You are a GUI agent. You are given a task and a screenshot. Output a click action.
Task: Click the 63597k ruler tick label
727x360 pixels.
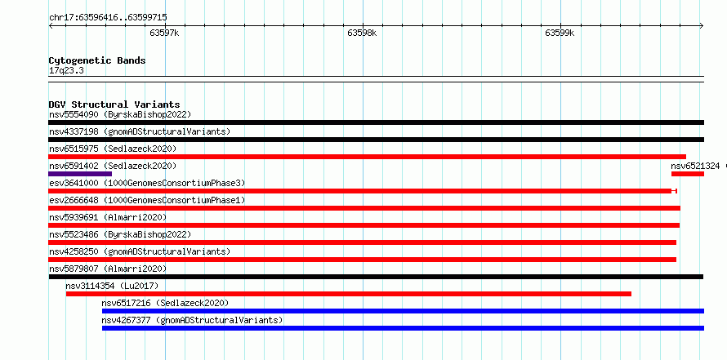pyautogui.click(x=164, y=33)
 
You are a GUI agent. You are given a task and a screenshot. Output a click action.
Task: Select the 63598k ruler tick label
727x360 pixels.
pyautogui.click(x=362, y=33)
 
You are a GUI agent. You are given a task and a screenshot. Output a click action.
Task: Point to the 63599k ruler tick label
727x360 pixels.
pyautogui.click(x=560, y=33)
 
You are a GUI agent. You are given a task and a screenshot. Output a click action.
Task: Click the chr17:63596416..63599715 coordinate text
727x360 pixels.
pyautogui.click(x=108, y=18)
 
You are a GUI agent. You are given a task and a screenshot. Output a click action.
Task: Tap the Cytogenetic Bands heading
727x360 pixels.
pyautogui.click(x=97, y=60)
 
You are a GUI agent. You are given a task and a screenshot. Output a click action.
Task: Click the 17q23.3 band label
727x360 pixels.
pyautogui.click(x=66, y=71)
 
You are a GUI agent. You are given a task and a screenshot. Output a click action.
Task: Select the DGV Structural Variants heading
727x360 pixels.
pyautogui.click(x=114, y=104)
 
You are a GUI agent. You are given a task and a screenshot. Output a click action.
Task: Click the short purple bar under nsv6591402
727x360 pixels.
pyautogui.click(x=80, y=174)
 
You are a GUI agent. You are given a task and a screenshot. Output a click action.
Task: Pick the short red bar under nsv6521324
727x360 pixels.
pyautogui.click(x=688, y=174)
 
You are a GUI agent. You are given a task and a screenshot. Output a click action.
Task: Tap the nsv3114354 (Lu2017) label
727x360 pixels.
pyautogui.click(x=112, y=286)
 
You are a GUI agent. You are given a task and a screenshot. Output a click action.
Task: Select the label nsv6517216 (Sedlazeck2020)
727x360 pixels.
pyautogui.click(x=166, y=303)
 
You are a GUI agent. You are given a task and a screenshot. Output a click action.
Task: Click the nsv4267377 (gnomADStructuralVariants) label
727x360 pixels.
pyautogui.click(x=193, y=320)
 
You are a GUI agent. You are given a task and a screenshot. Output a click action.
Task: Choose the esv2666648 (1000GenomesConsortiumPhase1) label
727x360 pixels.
pyautogui.click(x=147, y=200)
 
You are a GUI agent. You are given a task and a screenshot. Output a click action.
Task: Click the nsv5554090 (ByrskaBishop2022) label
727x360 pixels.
pyautogui.click(x=120, y=114)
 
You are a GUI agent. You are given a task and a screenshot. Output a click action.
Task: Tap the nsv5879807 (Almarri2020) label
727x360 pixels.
pyautogui.click(x=108, y=269)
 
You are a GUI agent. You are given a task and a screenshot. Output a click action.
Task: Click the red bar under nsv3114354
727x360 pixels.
pyautogui.click(x=349, y=294)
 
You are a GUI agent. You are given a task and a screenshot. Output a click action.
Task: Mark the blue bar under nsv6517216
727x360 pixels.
pyautogui.click(x=403, y=311)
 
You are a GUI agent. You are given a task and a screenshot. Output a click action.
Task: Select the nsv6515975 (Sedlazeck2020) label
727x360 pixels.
pyautogui.click(x=113, y=149)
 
